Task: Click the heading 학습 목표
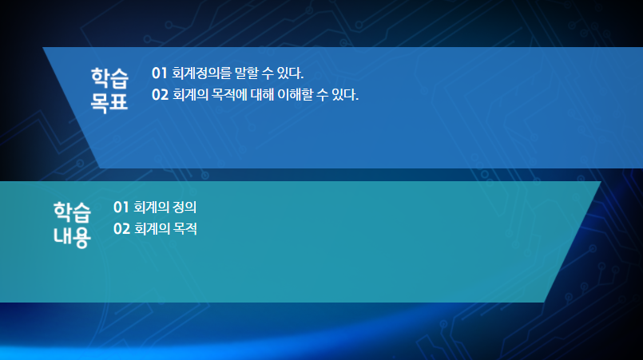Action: coord(109,89)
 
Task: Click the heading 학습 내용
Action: coord(72,224)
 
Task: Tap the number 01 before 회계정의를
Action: coord(160,73)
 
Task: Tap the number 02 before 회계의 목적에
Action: coord(160,95)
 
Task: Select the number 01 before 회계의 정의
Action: coord(121,208)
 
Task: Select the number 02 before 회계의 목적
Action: coord(121,229)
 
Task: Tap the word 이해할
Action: coord(295,95)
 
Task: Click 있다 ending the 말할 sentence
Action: coord(290,73)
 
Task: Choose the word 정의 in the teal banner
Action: coord(185,208)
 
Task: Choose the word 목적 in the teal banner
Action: coord(185,229)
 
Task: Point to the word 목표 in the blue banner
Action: coord(109,102)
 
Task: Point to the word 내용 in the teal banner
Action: coord(72,236)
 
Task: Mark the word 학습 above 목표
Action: coord(109,78)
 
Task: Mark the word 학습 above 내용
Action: coord(72,212)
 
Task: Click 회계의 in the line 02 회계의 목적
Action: coord(152,229)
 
